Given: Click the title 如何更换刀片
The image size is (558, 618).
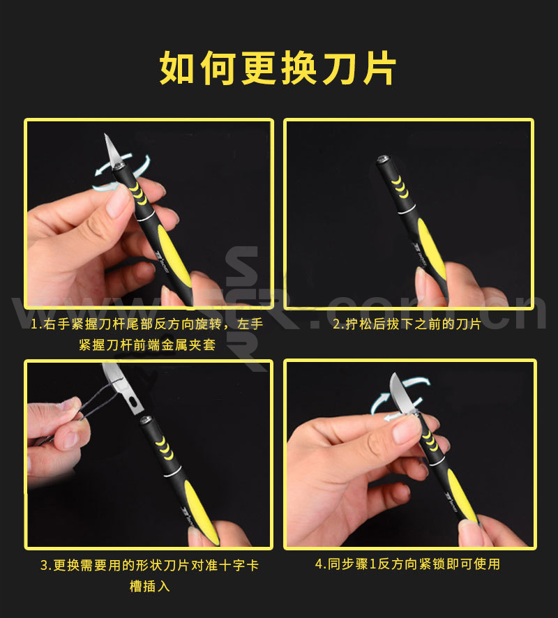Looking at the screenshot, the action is pyautogui.click(x=278, y=68).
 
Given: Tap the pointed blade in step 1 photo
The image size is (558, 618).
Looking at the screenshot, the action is pyautogui.click(x=112, y=151).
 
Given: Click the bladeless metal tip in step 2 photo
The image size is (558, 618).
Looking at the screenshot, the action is pyautogui.click(x=382, y=159).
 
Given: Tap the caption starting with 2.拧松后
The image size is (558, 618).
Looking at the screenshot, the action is pyautogui.click(x=407, y=324).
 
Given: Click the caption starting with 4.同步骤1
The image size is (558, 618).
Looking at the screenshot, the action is pyautogui.click(x=407, y=564).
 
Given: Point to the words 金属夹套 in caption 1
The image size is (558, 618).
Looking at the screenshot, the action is pyautogui.click(x=188, y=345).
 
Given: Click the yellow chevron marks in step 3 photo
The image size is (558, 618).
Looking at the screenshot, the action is pyautogui.click(x=165, y=447).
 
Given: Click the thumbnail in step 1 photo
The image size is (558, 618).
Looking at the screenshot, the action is pyautogui.click(x=117, y=199).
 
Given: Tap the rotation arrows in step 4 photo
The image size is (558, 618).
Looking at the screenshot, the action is pyautogui.click(x=399, y=398).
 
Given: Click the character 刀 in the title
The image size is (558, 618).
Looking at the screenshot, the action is pyautogui.click(x=339, y=68).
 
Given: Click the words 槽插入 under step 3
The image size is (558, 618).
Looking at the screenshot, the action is pyautogui.click(x=150, y=587).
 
